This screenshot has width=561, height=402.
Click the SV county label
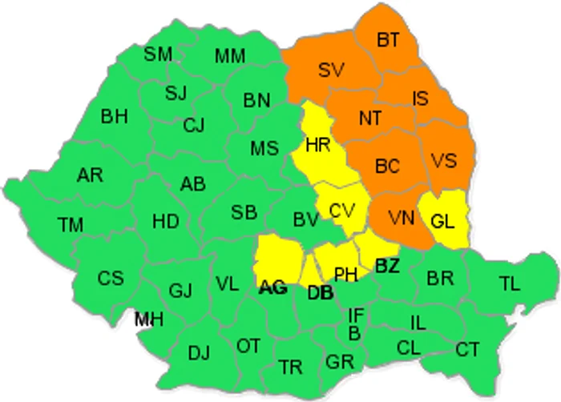pos(330,70)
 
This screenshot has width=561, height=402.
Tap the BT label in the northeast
pos(388,39)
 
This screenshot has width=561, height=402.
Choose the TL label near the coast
pos(509,282)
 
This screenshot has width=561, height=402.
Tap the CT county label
pos(467,349)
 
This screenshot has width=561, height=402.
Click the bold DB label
pos(320,292)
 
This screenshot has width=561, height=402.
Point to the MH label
pos(149,320)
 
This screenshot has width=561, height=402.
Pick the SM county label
pos(158,54)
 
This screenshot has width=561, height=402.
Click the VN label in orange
pos(397,217)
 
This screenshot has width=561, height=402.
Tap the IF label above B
pos(357,314)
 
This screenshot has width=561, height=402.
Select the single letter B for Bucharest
pos(353,332)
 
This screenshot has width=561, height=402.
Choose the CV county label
pos(342,211)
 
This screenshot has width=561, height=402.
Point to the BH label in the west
pos(115,117)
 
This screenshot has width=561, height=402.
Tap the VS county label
pos(443,159)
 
